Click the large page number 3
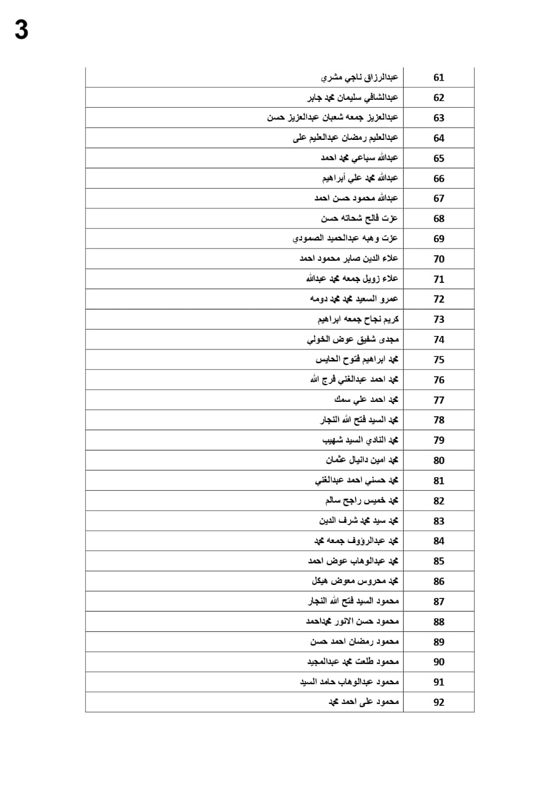(x=22, y=30)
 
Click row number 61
(x=439, y=78)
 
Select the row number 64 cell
(x=439, y=138)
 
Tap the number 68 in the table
(x=439, y=219)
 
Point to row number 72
(x=439, y=299)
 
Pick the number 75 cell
(x=439, y=360)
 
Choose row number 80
(x=439, y=460)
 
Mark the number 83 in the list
(x=439, y=521)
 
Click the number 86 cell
(x=439, y=581)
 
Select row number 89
(x=439, y=642)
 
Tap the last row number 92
(x=439, y=702)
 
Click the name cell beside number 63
(x=333, y=117)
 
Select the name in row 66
(x=361, y=178)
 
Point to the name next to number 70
(x=349, y=259)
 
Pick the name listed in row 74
(x=353, y=340)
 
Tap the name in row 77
(x=367, y=400)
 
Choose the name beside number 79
(x=361, y=440)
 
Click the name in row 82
(x=362, y=501)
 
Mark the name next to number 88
(x=353, y=621)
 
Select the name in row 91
(x=350, y=682)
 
